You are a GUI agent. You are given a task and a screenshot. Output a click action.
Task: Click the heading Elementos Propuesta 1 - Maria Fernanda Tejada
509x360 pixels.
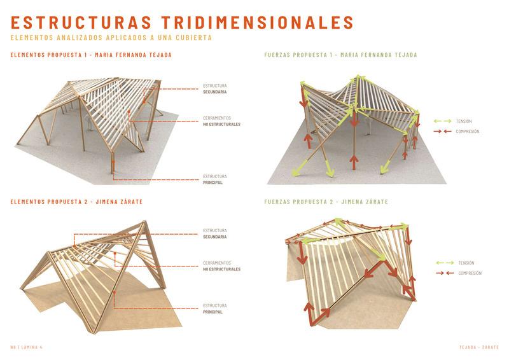(91, 55)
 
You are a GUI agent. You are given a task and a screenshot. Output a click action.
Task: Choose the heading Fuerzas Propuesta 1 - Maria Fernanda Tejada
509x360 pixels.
(340, 55)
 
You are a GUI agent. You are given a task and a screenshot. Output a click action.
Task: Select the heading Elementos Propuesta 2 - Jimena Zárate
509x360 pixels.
(76, 202)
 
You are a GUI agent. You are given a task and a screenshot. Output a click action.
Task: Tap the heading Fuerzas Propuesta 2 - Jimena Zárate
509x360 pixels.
(326, 202)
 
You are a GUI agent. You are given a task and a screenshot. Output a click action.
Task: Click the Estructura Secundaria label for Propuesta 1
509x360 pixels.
(215, 88)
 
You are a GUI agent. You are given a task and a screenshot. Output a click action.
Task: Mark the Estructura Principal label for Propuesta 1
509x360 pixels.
(215, 179)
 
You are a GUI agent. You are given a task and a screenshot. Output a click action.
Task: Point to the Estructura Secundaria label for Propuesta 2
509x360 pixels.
(215, 233)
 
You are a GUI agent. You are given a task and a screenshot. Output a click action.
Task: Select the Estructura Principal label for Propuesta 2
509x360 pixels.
(215, 308)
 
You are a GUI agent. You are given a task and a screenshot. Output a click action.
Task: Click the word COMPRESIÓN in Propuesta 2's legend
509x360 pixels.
(470, 273)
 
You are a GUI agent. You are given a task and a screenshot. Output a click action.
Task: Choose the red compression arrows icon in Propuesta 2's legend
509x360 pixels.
(445, 273)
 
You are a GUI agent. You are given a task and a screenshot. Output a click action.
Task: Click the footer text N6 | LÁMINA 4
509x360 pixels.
(26, 347)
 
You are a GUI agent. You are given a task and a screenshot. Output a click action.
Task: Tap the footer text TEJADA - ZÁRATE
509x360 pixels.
(478, 347)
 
